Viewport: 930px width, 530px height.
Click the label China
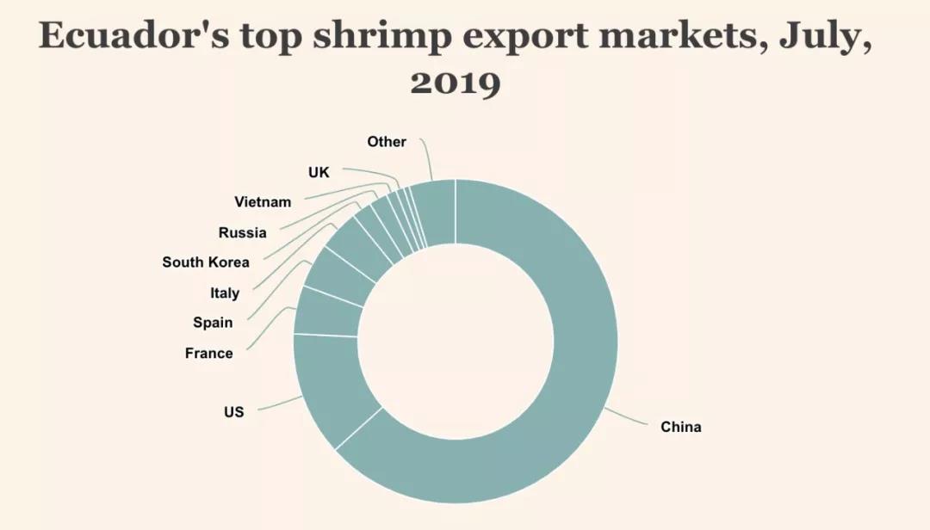pyautogui.click(x=680, y=427)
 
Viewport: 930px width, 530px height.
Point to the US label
pyautogui.click(x=233, y=412)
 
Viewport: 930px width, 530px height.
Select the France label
pyautogui.click(x=208, y=353)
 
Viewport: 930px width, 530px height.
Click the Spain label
pyautogui.click(x=213, y=323)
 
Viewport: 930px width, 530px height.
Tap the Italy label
pyautogui.click(x=225, y=293)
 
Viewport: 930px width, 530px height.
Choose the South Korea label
pyautogui.click(x=206, y=262)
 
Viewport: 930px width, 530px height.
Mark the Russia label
pyautogui.click(x=242, y=232)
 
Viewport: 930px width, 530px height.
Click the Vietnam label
pyautogui.click(x=263, y=202)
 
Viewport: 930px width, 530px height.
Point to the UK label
pyautogui.click(x=319, y=172)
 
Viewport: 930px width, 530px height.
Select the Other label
pyautogui.click(x=387, y=141)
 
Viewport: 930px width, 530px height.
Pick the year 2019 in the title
pyautogui.click(x=455, y=83)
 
